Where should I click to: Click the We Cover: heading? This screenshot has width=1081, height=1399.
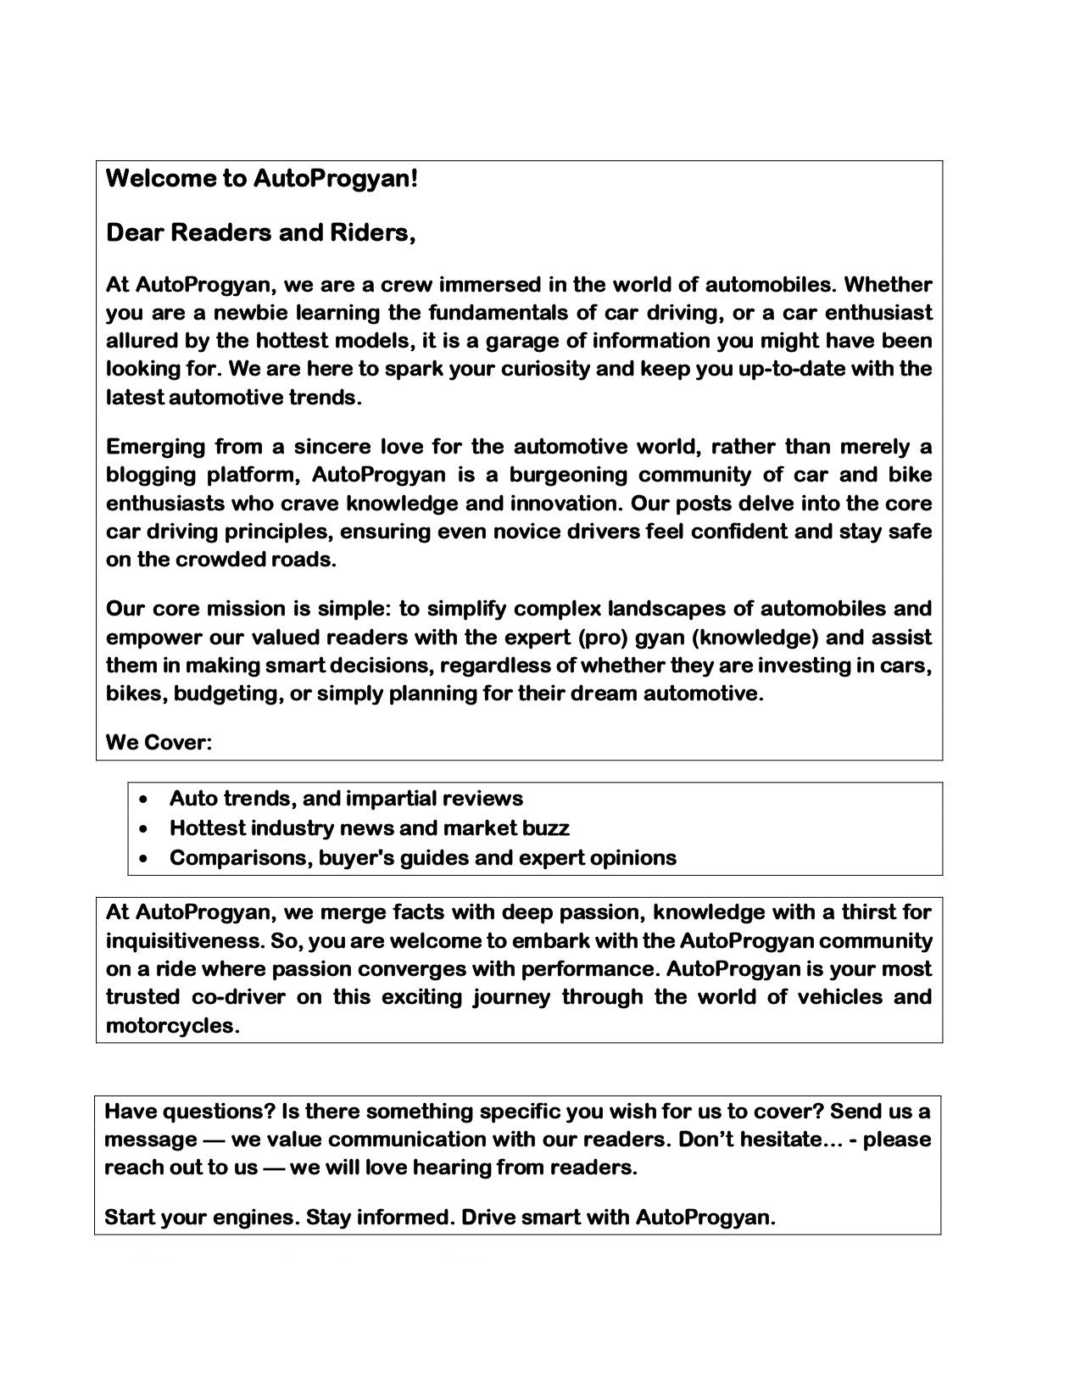tap(159, 743)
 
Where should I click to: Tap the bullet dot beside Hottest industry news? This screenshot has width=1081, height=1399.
tap(149, 828)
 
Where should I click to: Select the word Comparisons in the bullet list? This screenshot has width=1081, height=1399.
tap(241, 858)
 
